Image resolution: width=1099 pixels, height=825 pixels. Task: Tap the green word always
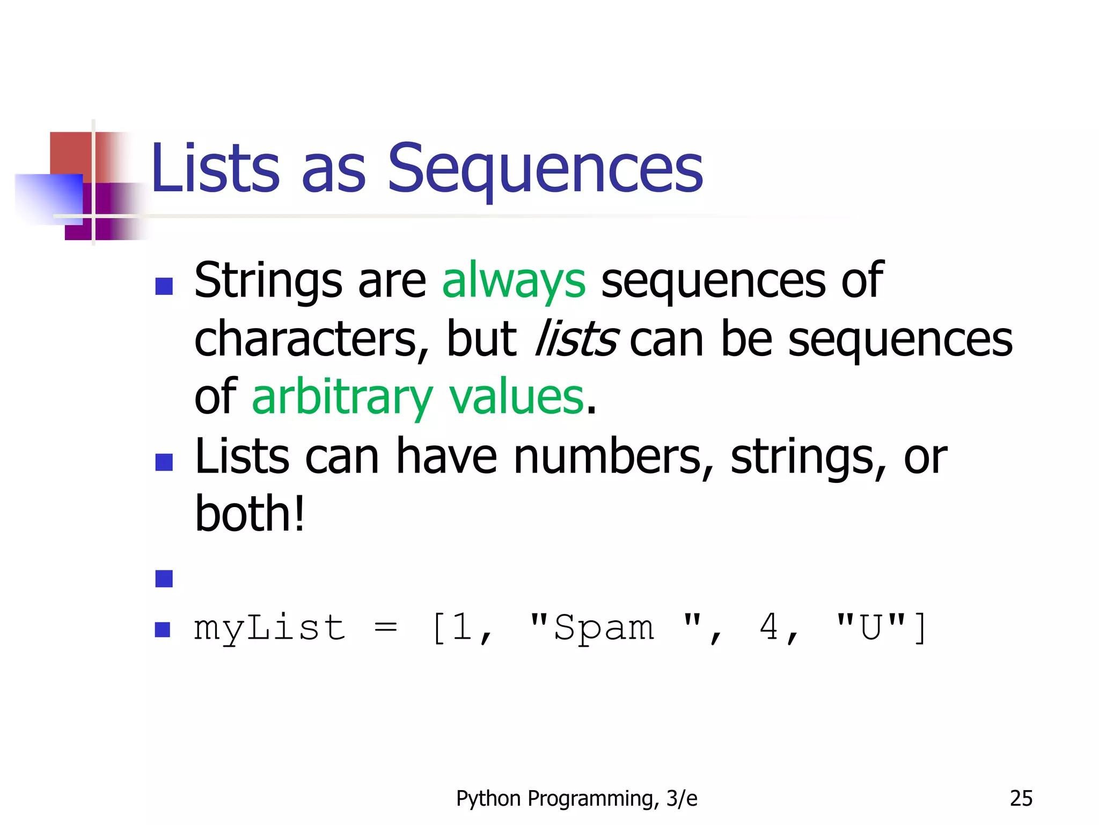point(514,280)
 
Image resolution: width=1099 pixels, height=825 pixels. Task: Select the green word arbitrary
point(342,397)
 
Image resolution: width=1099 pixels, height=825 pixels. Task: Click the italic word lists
point(576,338)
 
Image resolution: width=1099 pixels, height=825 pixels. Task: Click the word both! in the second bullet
point(250,514)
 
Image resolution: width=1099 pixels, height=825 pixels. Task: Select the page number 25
point(1021,799)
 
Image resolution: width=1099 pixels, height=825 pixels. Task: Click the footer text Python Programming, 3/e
point(576,799)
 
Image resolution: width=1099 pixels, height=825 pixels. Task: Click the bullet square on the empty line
point(164,578)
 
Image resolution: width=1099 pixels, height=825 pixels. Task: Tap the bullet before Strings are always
point(164,286)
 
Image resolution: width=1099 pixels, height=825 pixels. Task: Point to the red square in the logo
point(71,153)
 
